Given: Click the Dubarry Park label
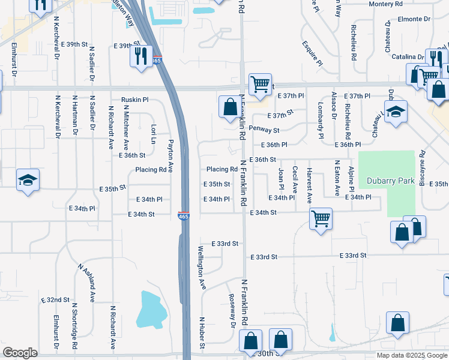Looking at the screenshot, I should [387, 179].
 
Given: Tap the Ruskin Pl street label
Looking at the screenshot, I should [134, 100].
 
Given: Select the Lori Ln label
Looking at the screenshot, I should [154, 134].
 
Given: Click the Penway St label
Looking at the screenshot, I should [264, 130].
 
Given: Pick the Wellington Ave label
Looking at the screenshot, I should [202, 268].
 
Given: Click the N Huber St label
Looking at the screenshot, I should [202, 333].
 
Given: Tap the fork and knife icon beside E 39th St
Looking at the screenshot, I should [141, 56].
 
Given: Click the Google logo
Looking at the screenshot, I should [20, 353].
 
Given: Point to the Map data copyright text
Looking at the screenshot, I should [412, 355].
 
